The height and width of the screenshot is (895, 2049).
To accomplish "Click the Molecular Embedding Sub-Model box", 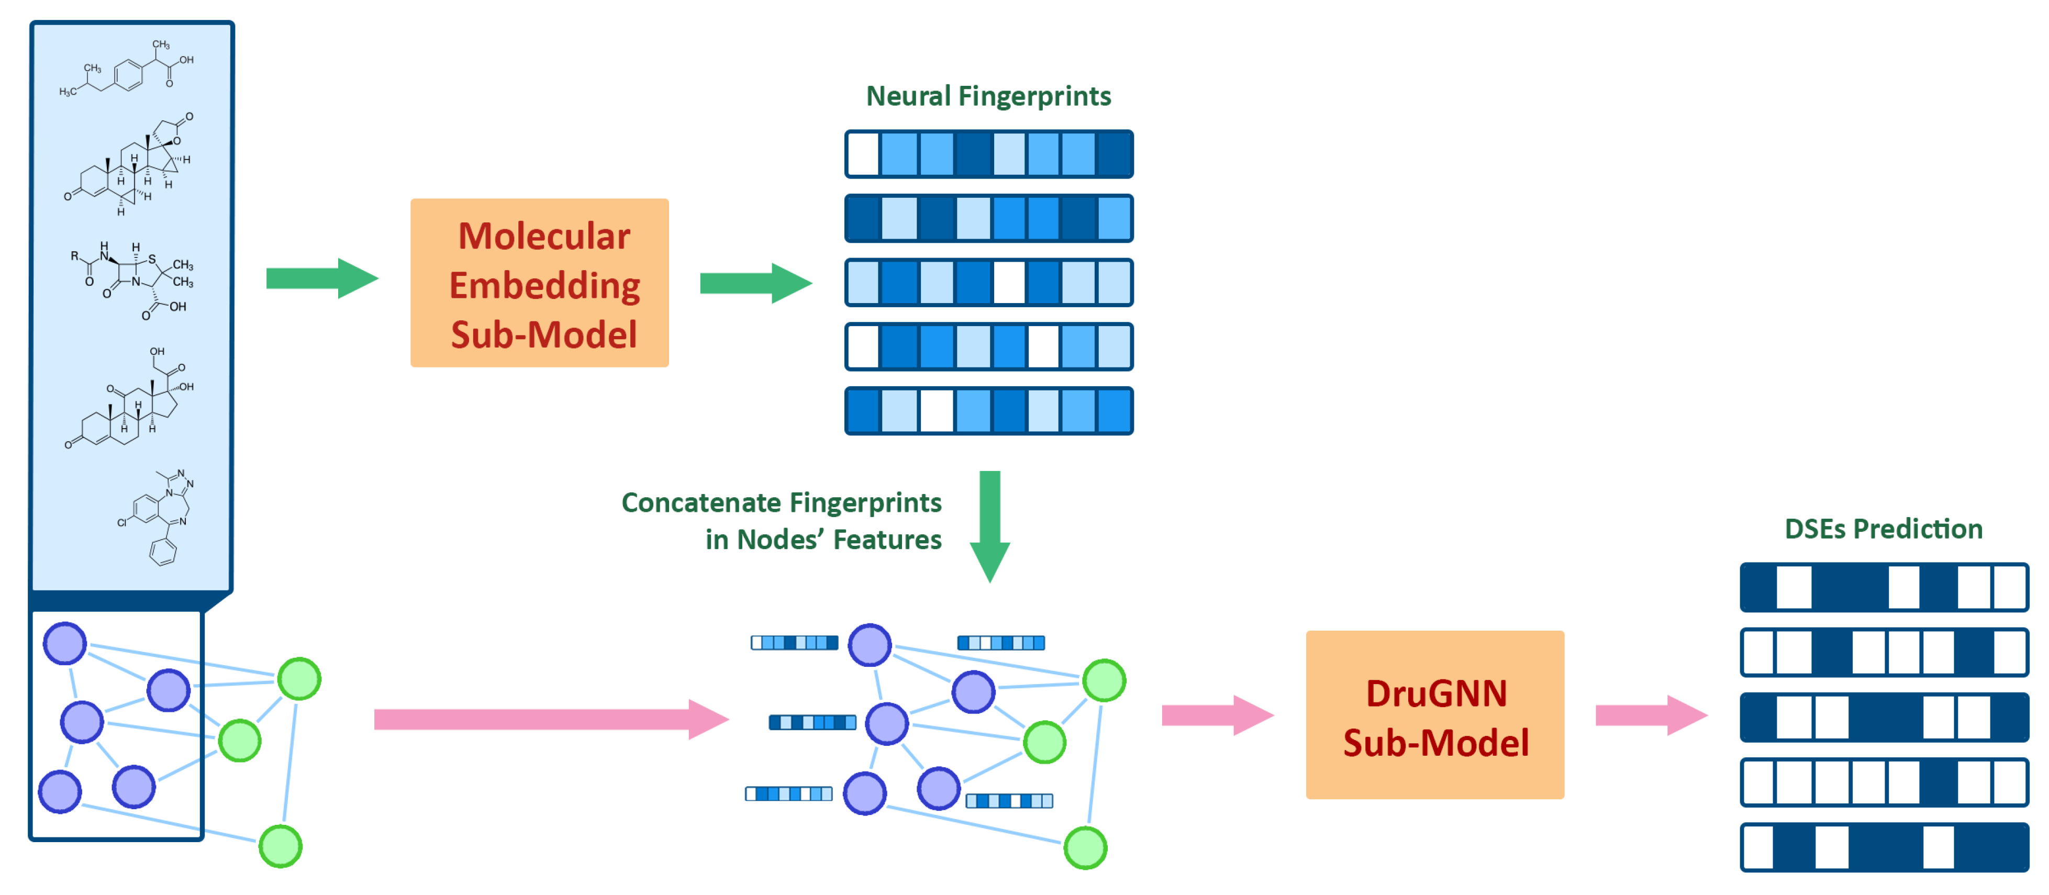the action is [539, 283].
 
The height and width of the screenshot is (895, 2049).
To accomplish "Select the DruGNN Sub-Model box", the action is [1435, 714].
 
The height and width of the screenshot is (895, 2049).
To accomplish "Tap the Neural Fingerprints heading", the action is [988, 96].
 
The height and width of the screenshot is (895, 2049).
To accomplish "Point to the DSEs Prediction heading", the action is [1883, 529].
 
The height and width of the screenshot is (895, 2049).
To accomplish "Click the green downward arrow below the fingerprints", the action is [989, 527].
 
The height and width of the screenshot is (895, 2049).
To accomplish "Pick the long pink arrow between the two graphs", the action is [551, 719].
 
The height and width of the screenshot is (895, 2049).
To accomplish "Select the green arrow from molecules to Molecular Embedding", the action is [322, 278].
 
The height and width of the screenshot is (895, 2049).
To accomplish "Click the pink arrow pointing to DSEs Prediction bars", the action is [1651, 714].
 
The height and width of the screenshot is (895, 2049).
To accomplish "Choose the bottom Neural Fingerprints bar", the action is [989, 410].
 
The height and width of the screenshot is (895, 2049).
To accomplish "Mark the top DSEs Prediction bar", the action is [1884, 587].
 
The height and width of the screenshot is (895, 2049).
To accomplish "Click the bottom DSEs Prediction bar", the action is [1884, 847].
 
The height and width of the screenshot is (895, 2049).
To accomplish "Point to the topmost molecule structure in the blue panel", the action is [127, 69].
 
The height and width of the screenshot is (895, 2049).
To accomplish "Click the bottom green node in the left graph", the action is [281, 846].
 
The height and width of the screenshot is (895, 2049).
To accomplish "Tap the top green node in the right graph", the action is [1104, 680].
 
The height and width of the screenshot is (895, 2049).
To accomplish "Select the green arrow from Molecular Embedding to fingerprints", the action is [755, 283].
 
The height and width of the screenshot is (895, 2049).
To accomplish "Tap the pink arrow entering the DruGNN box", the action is [1218, 714].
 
